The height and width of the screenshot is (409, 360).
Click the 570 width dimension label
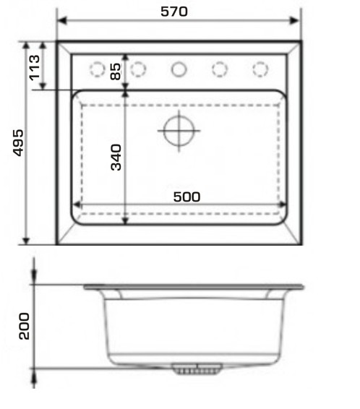click(174, 12)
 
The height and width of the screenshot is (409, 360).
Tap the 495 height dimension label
click(19, 142)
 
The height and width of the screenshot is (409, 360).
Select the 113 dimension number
click(35, 67)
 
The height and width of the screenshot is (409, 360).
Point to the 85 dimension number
click(116, 72)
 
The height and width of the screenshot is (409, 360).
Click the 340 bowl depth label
click(116, 158)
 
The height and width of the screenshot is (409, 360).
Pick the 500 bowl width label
click(187, 197)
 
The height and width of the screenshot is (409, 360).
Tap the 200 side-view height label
click(25, 326)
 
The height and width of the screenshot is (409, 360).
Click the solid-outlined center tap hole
click(179, 69)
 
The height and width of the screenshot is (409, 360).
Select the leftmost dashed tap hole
click(98, 69)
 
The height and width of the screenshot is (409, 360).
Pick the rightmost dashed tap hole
click(260, 69)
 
